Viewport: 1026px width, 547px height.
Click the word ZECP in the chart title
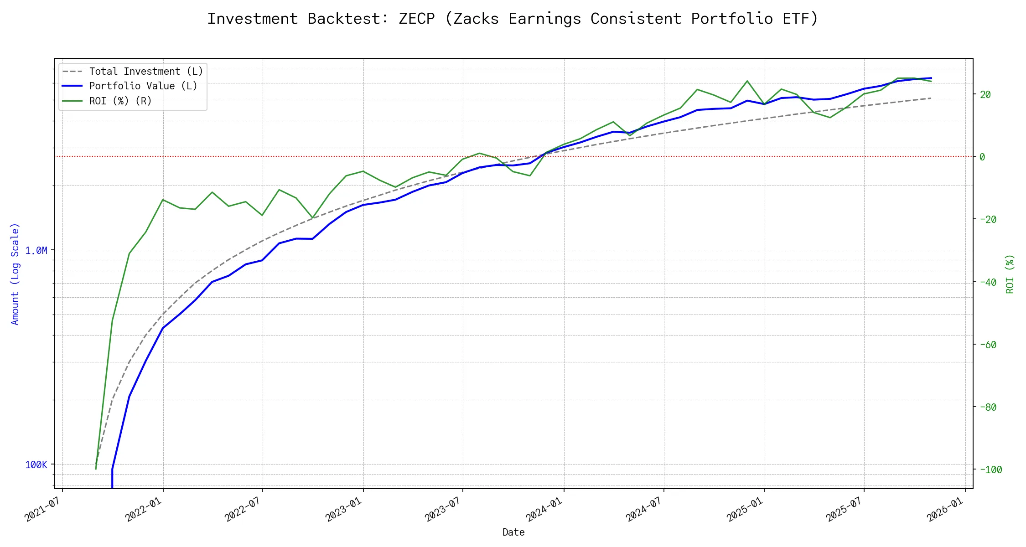416,19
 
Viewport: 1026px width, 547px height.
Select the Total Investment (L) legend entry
146,71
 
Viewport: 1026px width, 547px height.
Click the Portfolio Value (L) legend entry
143,86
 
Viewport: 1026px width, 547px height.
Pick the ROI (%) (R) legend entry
120,101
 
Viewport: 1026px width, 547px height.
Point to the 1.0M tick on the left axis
36,250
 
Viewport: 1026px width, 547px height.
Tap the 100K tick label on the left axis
36,464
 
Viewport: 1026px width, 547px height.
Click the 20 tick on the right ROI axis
985,94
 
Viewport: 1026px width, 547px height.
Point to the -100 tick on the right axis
990,470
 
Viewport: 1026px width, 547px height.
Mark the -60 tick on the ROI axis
988,345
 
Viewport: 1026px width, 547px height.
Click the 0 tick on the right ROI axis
982,157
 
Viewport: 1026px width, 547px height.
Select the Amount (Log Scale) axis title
15,273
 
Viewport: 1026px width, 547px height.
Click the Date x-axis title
513,532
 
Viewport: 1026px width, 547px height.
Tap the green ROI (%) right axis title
1010,273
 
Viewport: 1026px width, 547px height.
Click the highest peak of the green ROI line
747,81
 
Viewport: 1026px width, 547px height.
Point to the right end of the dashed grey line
931,98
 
